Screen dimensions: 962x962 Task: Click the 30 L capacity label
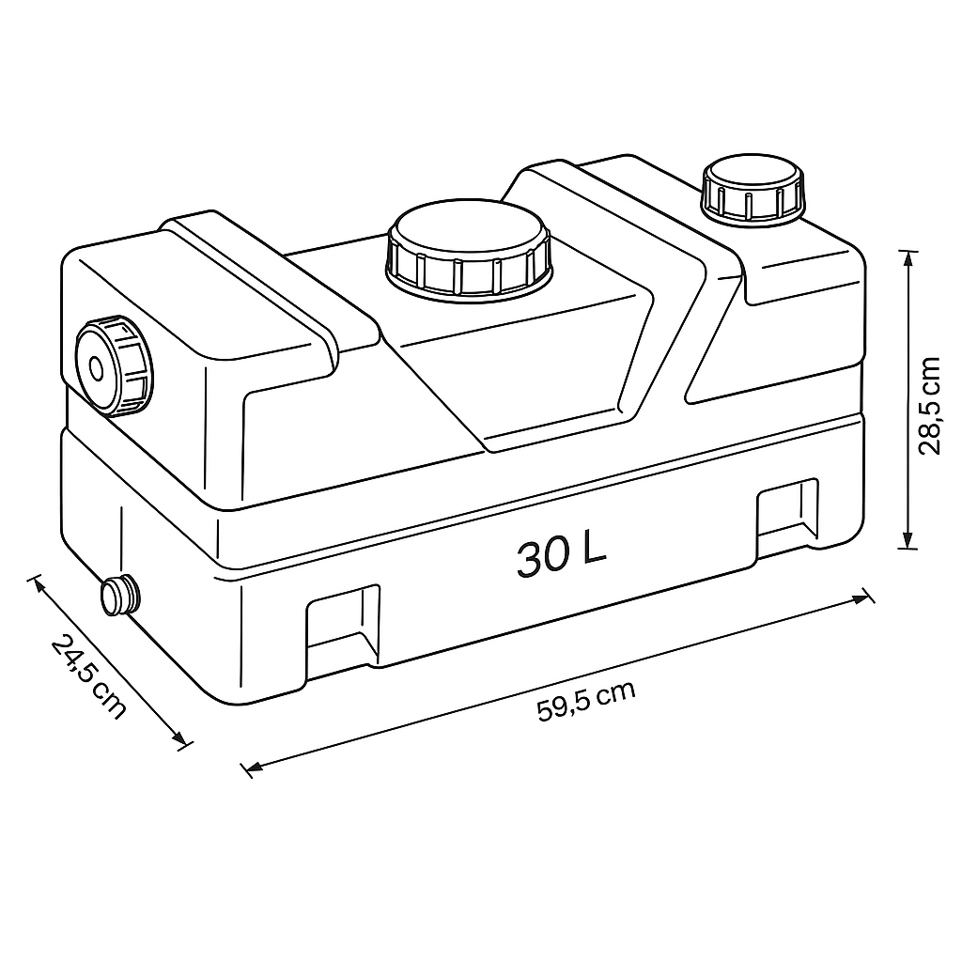point(562,555)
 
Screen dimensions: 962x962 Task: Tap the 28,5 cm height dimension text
point(929,406)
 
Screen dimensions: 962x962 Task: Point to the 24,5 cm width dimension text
point(88,676)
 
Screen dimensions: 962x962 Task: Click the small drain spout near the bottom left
point(119,595)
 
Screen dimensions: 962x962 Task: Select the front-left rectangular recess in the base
point(343,625)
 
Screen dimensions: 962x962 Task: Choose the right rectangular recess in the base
point(788,513)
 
